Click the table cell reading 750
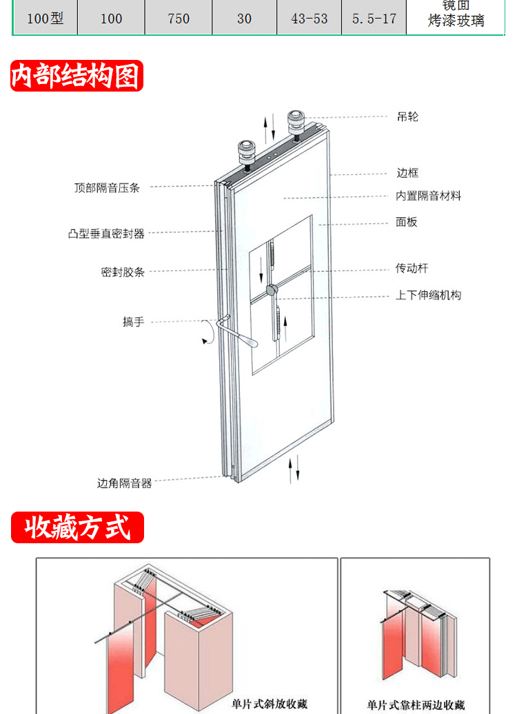pos(179,19)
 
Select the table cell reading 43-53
pos(310,19)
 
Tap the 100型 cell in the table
pos(45,19)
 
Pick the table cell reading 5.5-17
pos(374,19)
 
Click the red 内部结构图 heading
pos(76,76)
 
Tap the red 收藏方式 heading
pos(77,528)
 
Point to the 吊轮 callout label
pos(407,117)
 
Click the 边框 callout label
pos(407,173)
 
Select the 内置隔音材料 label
pos(428,196)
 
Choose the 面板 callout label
pos(407,222)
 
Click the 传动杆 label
pos(412,269)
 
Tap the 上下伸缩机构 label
pos(428,295)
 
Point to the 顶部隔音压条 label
pos(107,187)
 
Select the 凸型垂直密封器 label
pos(106,233)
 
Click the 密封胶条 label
pos(123,272)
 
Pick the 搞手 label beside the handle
pos(133,322)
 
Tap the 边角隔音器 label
pos(124,483)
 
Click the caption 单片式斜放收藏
pos(270,704)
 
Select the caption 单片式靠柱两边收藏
pos(416,705)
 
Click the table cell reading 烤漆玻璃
pos(456,21)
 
